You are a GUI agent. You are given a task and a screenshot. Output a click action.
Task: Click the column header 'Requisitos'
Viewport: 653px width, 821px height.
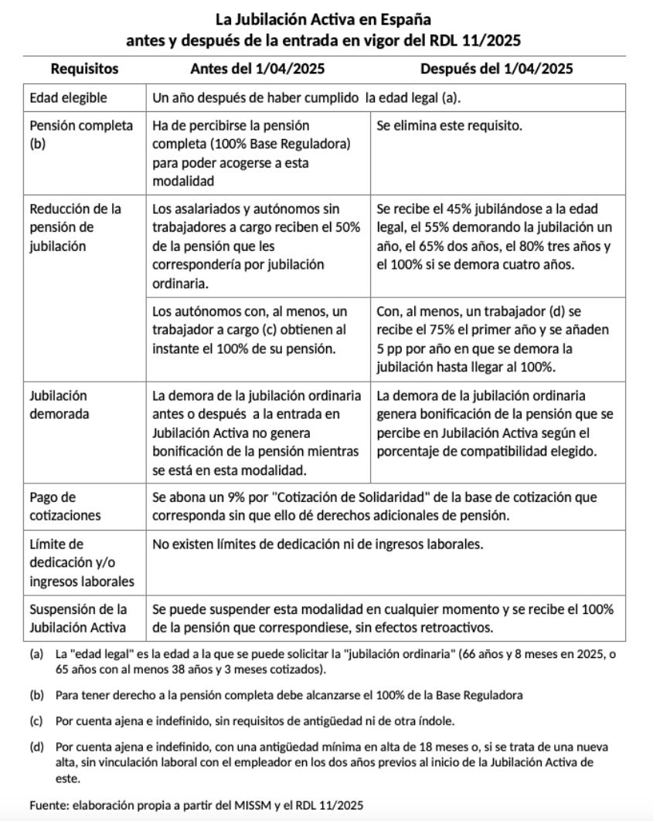click(x=84, y=69)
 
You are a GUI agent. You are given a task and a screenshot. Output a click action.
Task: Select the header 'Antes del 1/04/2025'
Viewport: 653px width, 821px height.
click(x=257, y=69)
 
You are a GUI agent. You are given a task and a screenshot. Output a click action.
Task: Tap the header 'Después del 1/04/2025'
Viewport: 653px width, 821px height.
click(x=496, y=69)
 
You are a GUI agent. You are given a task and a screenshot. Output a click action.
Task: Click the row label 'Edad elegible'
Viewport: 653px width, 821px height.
click(x=68, y=98)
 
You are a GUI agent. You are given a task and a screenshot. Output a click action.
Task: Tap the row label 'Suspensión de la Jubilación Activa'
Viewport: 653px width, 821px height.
click(x=77, y=618)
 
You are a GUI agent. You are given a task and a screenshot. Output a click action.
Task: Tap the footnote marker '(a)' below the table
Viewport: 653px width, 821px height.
click(x=36, y=653)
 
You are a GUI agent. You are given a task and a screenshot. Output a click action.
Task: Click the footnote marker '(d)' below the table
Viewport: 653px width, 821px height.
click(x=36, y=748)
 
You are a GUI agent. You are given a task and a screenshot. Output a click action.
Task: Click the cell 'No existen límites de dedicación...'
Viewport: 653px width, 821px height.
click(x=318, y=545)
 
